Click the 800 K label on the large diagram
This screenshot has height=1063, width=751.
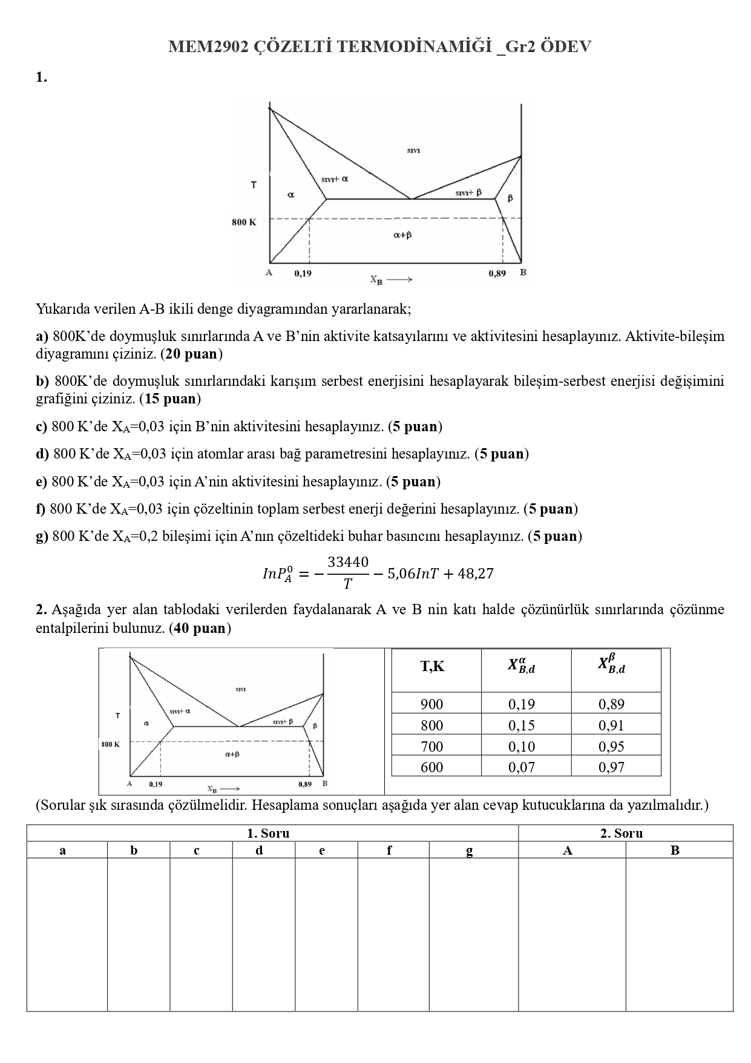(x=243, y=222)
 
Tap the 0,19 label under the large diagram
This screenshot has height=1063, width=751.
(x=303, y=273)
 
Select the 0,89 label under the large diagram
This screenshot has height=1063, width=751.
(x=497, y=273)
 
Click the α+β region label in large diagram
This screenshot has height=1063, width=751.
(x=402, y=235)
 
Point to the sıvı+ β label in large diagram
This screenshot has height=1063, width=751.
(x=468, y=193)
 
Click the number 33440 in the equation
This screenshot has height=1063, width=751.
(x=348, y=562)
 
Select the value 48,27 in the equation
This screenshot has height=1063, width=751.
(x=476, y=573)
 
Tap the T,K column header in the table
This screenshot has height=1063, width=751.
(x=433, y=667)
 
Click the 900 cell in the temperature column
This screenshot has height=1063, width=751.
(x=431, y=704)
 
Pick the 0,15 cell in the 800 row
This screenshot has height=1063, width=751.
(x=521, y=725)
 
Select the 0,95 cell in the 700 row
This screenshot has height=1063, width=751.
(x=611, y=746)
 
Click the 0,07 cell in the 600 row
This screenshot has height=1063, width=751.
(x=521, y=767)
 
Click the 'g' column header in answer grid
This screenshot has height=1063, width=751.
(x=469, y=850)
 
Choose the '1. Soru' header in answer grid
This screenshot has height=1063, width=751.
(x=268, y=833)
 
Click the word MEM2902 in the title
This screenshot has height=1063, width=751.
(x=208, y=47)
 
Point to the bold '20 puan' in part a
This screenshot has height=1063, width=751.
(x=191, y=353)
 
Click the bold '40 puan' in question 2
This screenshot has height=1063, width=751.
(x=199, y=628)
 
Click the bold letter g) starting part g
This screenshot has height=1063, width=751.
(x=42, y=536)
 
